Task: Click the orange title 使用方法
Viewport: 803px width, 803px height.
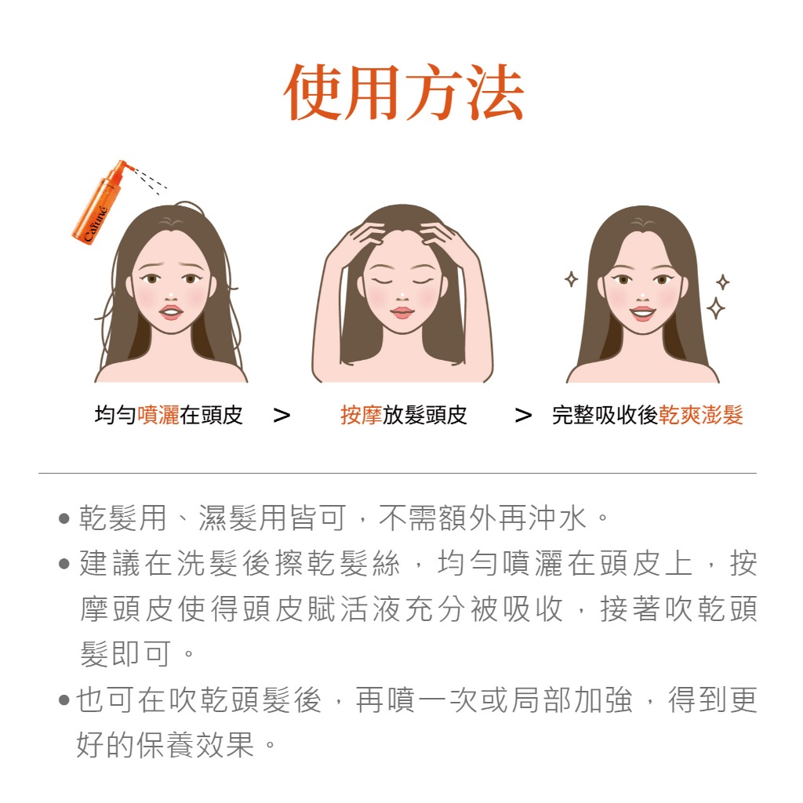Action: (403, 93)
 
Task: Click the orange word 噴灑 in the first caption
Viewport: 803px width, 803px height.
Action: (158, 415)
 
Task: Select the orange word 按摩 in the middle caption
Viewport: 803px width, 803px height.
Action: (362, 415)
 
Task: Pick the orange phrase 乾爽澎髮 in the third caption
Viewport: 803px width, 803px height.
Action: (700, 415)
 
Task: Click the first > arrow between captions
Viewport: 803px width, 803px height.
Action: (282, 416)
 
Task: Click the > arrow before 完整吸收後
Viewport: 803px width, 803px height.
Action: (523, 416)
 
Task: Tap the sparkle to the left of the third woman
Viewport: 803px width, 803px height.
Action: (571, 279)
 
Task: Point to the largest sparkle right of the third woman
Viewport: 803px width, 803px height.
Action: (715, 308)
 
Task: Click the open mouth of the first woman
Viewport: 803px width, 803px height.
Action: (171, 312)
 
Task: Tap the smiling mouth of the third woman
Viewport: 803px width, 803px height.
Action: (642, 312)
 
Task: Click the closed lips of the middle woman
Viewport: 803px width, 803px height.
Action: (402, 312)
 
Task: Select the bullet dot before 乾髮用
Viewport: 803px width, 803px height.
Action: (64, 518)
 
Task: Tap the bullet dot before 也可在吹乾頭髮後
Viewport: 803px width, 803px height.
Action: (64, 699)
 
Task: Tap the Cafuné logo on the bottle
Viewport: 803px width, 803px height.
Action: (95, 223)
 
